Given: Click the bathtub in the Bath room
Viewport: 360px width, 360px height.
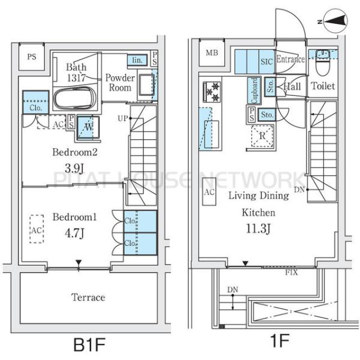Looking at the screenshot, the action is pos(74,98).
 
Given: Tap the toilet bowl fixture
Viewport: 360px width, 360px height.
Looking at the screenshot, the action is pos(322,62).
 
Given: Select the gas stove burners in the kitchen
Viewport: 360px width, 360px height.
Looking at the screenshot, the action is pos(212,92).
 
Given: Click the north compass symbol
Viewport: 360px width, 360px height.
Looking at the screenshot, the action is pos(335,21).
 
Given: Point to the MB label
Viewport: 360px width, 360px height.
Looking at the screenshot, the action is pos(212,53).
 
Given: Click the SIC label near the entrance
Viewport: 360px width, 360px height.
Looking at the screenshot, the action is pos(266,62).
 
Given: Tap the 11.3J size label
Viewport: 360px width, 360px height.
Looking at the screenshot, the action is pos(258,229).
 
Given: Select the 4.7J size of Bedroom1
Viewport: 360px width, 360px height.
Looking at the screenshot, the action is pos(74,233).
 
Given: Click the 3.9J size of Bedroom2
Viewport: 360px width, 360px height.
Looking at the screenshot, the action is pos(74,169).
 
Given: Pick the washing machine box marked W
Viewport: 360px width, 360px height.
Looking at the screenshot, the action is pos(88,127).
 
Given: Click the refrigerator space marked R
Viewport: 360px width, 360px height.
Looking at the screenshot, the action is pos(262,136).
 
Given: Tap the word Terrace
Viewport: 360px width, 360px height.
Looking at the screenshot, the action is pos(88,298).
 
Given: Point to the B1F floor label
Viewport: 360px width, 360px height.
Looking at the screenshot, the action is pos(89,344).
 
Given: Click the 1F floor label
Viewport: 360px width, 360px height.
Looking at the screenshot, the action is pos(280,341).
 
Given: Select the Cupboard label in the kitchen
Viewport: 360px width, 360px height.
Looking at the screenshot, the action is pos(254,90).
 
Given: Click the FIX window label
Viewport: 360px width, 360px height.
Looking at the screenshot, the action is pos(292,272).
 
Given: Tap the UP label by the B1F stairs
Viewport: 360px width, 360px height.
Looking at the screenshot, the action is pos(122,118).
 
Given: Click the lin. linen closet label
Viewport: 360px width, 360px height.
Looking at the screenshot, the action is pos(137,60).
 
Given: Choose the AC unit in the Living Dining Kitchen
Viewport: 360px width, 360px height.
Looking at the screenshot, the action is pos(209,191).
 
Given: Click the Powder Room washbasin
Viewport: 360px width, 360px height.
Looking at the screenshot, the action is pos(146,85).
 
